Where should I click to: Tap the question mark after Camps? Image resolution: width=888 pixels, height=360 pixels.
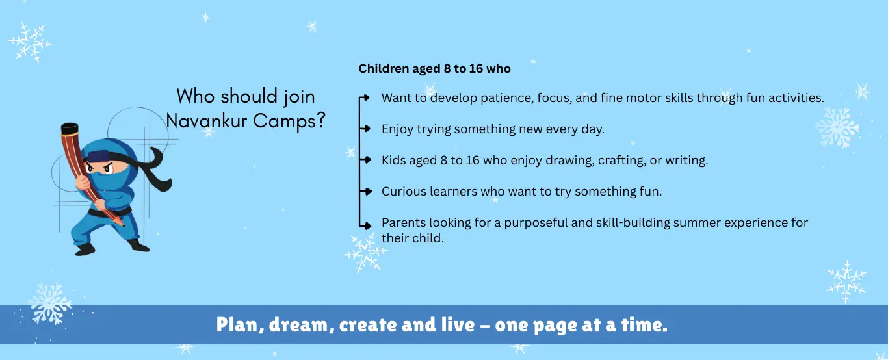click(320, 120)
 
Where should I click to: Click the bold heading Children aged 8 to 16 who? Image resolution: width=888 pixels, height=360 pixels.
click(434, 69)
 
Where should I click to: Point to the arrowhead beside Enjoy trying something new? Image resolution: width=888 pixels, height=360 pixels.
click(367, 129)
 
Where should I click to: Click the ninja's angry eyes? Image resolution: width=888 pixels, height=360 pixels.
click(99, 168)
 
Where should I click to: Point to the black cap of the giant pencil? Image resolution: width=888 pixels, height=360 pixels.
click(70, 129)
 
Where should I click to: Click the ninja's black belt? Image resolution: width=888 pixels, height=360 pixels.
click(109, 212)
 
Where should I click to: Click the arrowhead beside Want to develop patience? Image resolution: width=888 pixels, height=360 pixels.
click(366, 97)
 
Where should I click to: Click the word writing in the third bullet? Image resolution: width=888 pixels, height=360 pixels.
click(686, 160)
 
